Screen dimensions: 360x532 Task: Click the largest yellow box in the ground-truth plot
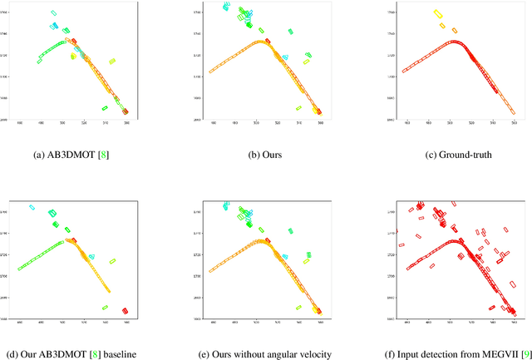pos(438,14)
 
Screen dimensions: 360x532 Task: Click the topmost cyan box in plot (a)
pos(54,13)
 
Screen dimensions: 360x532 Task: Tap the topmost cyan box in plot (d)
pos(32,207)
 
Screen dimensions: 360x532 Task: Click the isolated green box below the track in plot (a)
pos(106,107)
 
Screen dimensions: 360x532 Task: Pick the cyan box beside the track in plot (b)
pos(285,57)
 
